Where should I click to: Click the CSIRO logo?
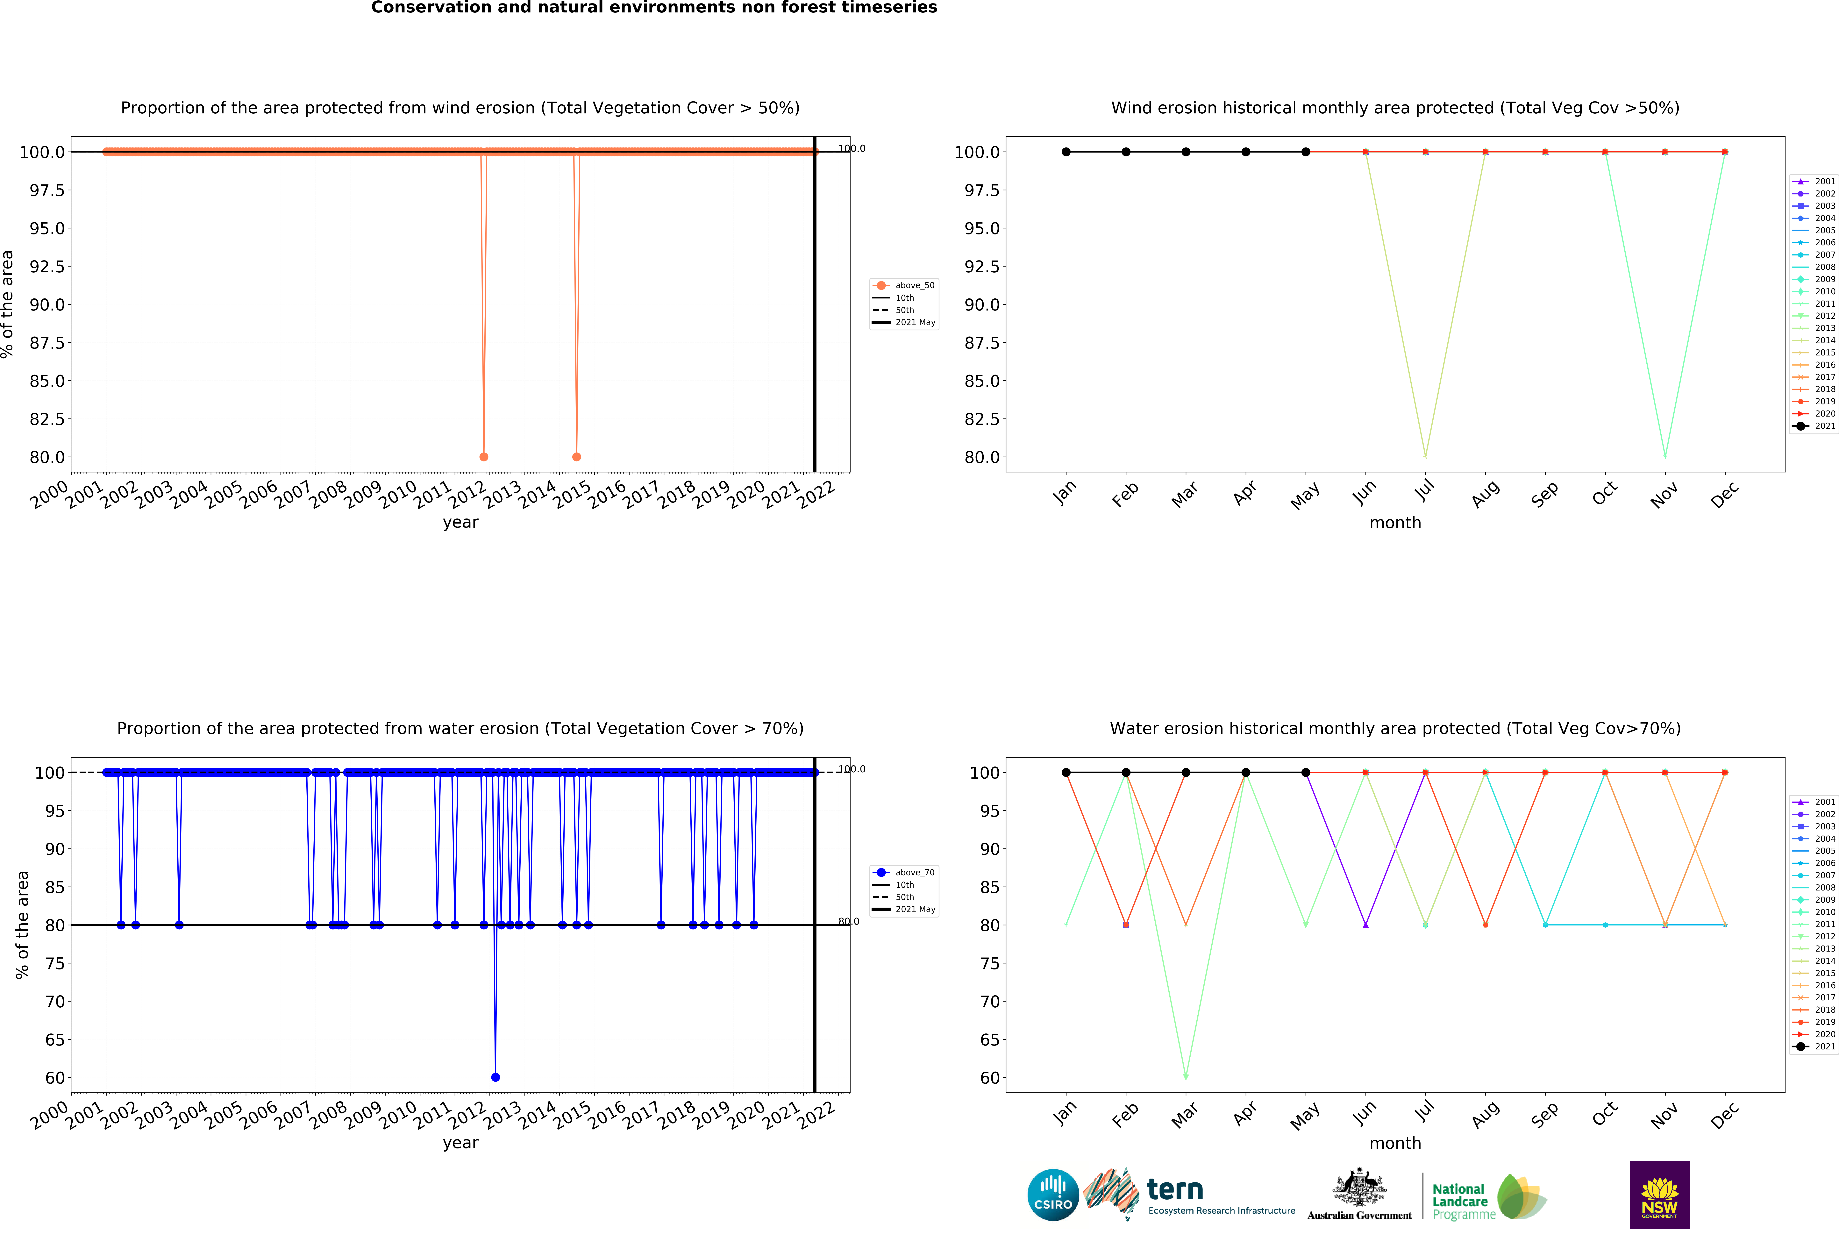pos(1052,1195)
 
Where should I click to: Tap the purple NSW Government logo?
pos(1659,1195)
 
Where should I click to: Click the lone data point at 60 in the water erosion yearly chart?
pos(495,1077)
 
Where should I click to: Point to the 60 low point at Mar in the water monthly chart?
pos(1185,1077)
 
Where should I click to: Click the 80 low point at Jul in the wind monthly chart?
pos(1425,457)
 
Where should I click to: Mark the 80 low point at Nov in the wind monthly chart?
pos(1665,457)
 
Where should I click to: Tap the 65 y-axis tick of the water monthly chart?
pos(989,1040)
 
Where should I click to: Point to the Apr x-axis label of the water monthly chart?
pos(1245,1114)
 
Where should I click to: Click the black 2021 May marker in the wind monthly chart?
pos(1306,152)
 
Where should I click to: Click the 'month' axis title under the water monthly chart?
pos(1395,1143)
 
